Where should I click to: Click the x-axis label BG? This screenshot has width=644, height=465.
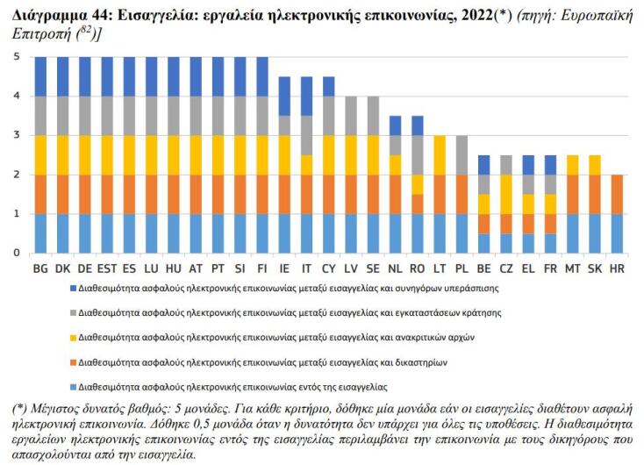pos(40,268)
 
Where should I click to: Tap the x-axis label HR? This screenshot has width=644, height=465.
pos(617,268)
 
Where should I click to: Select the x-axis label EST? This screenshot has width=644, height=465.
pos(107,268)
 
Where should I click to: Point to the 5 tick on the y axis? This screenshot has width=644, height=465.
pos(16,57)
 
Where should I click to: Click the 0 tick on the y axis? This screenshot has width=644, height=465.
pos(16,253)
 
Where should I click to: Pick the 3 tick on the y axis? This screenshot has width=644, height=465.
pos(16,135)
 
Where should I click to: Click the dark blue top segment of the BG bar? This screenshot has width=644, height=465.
pos(40,76)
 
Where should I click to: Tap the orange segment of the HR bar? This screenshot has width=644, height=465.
pos(617,194)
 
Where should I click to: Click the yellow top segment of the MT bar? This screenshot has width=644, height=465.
pos(572,165)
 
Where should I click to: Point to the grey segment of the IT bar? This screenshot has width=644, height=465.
pos(306,135)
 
